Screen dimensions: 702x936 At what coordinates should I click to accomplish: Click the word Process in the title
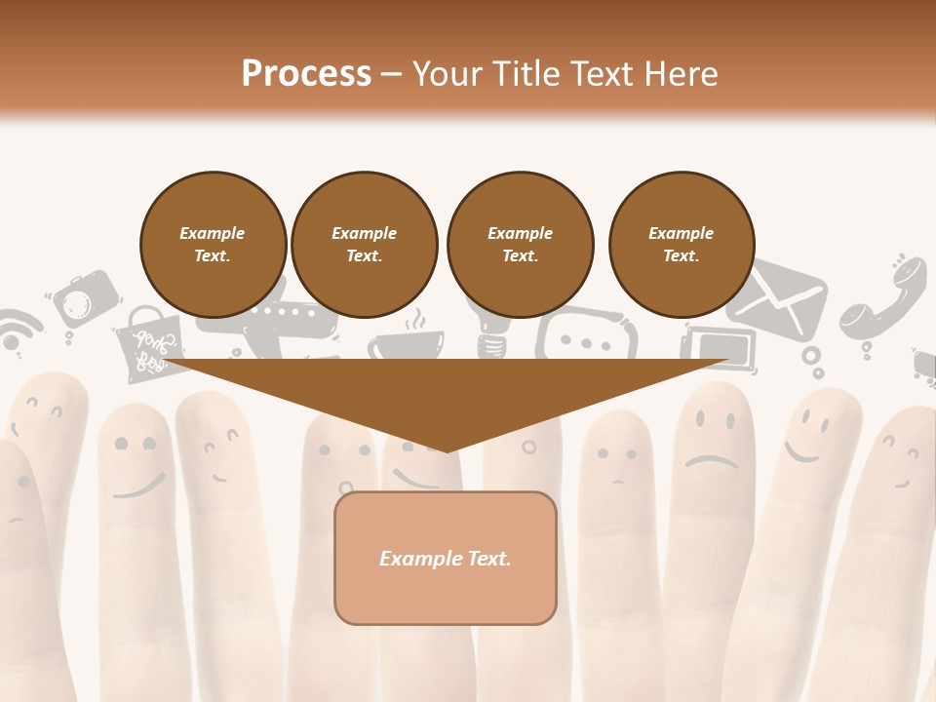click(x=306, y=74)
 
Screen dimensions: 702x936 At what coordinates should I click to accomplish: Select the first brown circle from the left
click(x=214, y=244)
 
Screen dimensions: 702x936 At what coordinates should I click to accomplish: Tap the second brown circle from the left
click(x=365, y=244)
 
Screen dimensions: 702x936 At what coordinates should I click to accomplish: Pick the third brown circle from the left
click(x=521, y=244)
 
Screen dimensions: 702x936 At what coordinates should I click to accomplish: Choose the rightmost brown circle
click(x=682, y=244)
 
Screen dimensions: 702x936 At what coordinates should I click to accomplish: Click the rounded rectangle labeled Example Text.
click(x=446, y=558)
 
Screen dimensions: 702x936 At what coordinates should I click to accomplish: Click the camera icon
click(x=84, y=299)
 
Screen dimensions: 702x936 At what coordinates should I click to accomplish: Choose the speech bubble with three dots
click(x=585, y=336)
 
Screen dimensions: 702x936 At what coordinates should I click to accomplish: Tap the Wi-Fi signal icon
click(x=17, y=331)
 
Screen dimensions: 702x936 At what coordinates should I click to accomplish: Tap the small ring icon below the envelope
click(x=812, y=358)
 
